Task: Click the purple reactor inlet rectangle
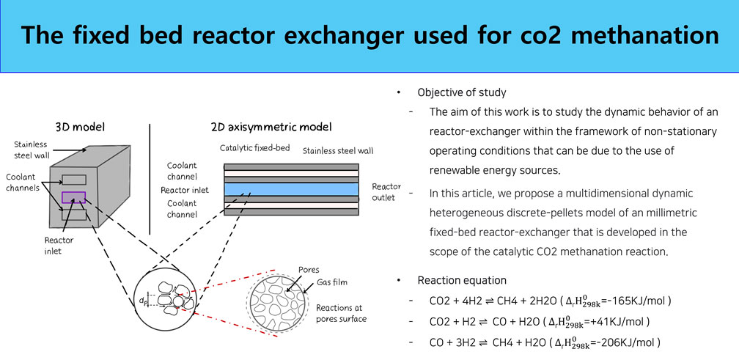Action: (x=74, y=197)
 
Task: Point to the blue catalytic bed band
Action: (x=290, y=188)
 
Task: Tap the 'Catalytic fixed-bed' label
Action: (x=254, y=148)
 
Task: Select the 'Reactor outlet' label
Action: (x=387, y=191)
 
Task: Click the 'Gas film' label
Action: (x=331, y=282)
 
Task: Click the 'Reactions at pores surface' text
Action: (x=341, y=313)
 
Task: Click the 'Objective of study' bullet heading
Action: (x=461, y=93)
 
